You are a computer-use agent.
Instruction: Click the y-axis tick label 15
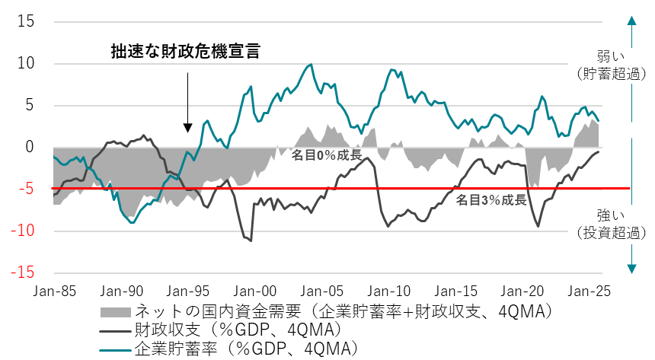click(26, 22)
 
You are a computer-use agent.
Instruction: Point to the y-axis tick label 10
click(26, 64)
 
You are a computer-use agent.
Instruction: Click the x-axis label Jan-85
click(54, 291)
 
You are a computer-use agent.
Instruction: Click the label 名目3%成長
click(491, 201)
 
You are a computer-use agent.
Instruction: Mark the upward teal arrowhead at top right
click(631, 23)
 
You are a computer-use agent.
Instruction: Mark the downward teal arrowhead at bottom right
click(631, 267)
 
